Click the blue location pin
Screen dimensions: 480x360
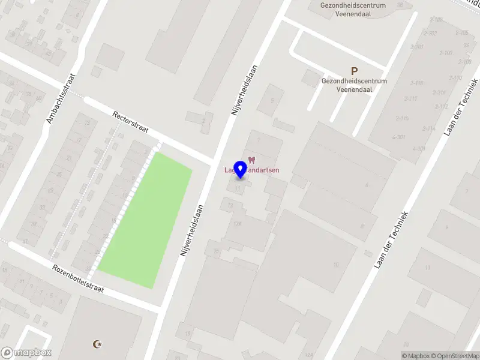[240, 170]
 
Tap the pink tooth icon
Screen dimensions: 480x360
[251, 160]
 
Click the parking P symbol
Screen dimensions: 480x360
[354, 71]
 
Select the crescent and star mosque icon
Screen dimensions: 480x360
[97, 344]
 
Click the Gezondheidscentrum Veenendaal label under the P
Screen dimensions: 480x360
[354, 85]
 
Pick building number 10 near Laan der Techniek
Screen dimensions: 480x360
[336, 264]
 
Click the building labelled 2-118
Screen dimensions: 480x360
[416, 83]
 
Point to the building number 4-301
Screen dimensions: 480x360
[398, 137]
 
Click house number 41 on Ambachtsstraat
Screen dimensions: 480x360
[25, 242]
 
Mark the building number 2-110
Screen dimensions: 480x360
[455, 78]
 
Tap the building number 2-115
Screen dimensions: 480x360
[401, 118]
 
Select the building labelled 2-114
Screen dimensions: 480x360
[428, 128]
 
